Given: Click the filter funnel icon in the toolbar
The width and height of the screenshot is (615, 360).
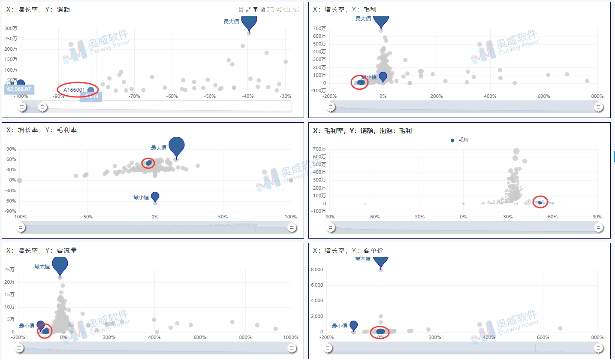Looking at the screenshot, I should [255, 9].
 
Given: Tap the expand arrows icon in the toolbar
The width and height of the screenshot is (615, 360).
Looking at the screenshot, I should [248, 9].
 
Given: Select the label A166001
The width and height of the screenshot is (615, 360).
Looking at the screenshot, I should [74, 90].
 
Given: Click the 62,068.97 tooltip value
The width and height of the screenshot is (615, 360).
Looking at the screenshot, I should [19, 89].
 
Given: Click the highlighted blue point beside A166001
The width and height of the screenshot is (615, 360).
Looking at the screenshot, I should [90, 90].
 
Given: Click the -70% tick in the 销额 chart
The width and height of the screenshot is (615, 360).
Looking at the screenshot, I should [134, 96].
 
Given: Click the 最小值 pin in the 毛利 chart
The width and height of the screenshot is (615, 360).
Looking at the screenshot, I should [383, 77].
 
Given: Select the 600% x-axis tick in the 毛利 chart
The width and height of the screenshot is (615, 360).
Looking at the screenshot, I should [543, 96].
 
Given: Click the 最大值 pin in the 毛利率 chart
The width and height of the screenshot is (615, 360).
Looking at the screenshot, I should [176, 146].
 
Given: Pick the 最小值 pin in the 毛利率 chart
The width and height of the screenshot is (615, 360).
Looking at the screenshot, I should [155, 197].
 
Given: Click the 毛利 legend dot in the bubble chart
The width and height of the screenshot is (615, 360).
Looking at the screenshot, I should [452, 140].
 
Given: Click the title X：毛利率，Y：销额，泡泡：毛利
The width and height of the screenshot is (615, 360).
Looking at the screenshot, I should [362, 130].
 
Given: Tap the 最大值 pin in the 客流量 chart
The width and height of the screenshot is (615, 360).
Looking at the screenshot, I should [60, 266].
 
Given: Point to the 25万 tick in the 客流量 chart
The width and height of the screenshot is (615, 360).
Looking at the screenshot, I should [9, 269].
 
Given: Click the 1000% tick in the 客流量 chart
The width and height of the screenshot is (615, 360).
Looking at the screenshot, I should [291, 337].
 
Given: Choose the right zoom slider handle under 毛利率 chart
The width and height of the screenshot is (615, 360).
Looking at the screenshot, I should [292, 227].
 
